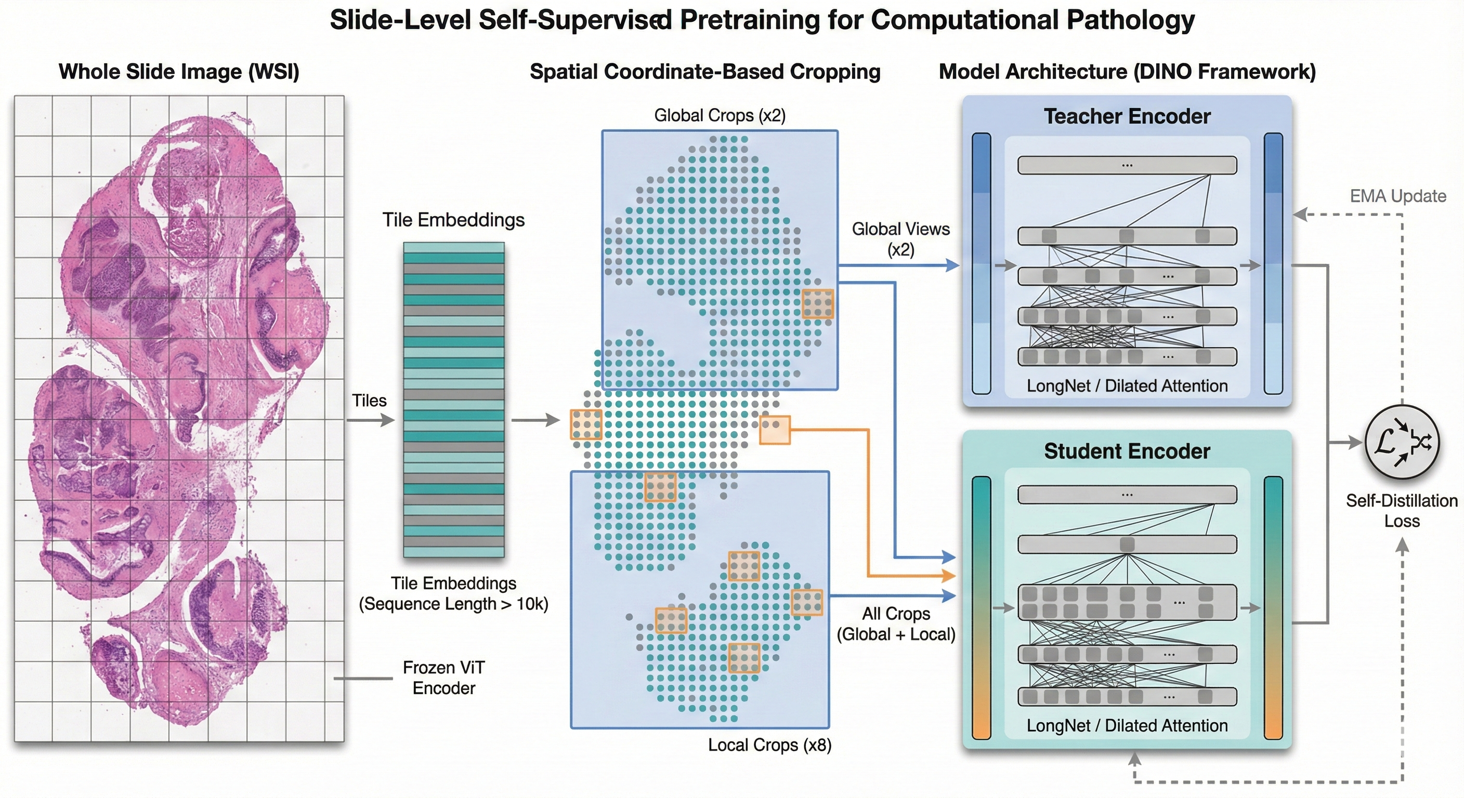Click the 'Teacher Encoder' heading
coord(1127,116)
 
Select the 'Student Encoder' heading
coord(1127,451)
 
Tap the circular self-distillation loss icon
coord(1402,442)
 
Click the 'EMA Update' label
coord(1397,196)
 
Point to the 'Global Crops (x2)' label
coord(720,115)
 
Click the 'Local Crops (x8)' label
coord(769,744)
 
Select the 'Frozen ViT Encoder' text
coord(444,677)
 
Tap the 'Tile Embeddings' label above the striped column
coord(453,220)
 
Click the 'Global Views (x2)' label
coord(900,239)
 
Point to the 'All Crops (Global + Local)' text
coord(896,623)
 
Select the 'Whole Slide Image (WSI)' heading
coord(178,72)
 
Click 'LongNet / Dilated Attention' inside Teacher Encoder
coord(1127,386)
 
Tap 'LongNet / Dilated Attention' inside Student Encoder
coord(1127,725)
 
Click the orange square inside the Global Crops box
coord(817,303)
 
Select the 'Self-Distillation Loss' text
coord(1402,511)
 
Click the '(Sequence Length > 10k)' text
coord(453,604)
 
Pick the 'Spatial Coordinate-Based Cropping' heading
coord(705,72)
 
